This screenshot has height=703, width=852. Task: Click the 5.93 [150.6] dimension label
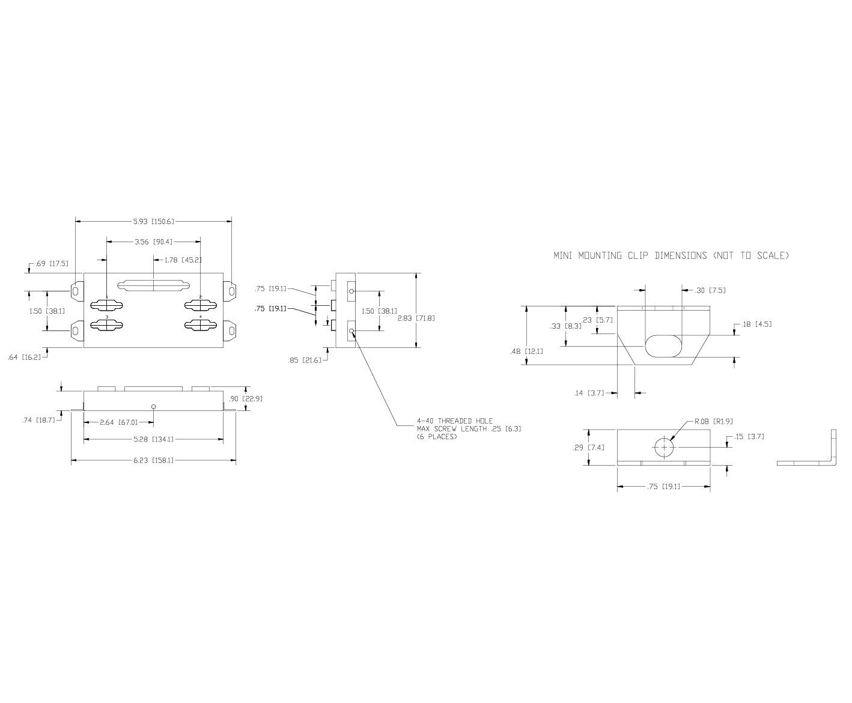[154, 222]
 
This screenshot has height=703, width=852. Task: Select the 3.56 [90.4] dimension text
[154, 242]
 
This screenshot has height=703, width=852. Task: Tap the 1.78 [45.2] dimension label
[183, 260]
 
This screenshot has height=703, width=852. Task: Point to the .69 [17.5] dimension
[52, 264]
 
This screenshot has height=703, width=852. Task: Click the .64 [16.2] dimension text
[25, 358]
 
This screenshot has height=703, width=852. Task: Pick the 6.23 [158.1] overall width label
[154, 460]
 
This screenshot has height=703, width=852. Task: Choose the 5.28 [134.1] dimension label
[154, 439]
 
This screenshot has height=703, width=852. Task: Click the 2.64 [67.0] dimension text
[119, 422]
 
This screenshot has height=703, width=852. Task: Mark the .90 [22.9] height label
[246, 398]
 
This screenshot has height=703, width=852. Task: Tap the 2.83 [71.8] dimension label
[416, 318]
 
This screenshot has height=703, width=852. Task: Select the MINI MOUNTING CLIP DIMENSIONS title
[671, 255]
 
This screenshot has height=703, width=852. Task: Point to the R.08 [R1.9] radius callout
[714, 421]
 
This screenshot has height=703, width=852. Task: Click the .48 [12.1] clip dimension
[526, 351]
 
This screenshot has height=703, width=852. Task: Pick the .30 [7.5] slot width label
[710, 290]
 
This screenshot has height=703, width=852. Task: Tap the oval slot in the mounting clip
[663, 346]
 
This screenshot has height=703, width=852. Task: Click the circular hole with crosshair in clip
[665, 448]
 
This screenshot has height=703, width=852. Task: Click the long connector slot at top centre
[153, 285]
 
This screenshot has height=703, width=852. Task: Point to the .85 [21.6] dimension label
[305, 361]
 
